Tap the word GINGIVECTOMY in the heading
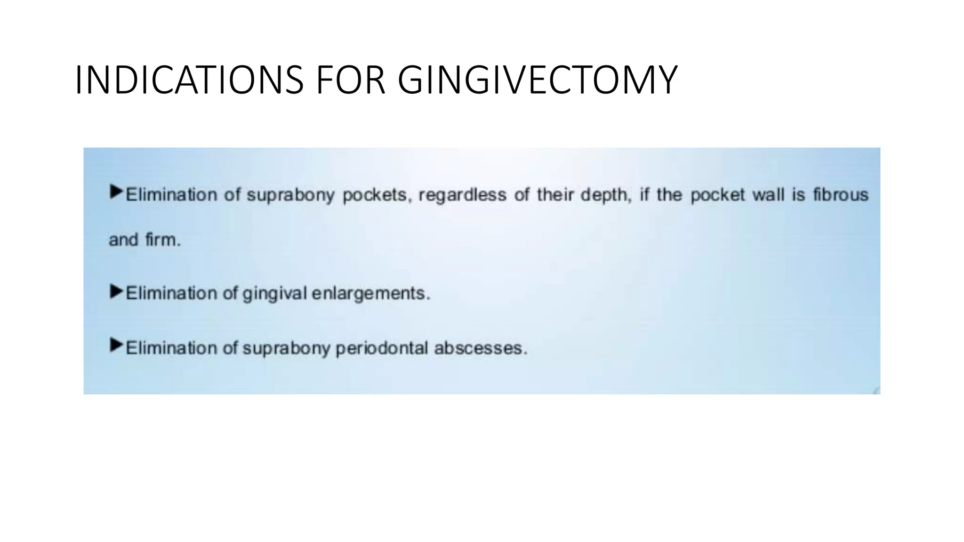point(537,80)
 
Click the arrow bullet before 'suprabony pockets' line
point(116,192)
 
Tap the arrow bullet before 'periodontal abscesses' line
point(116,345)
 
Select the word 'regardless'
point(462,195)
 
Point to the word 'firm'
point(162,240)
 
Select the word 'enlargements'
point(370,294)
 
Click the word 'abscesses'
point(480,348)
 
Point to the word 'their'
point(555,195)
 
